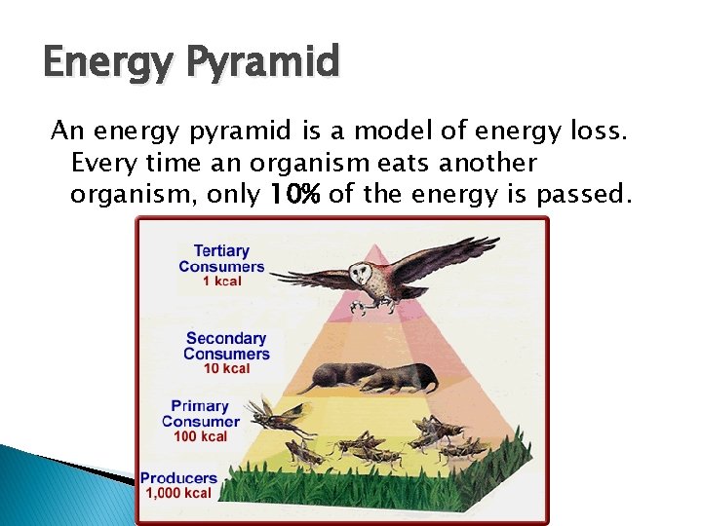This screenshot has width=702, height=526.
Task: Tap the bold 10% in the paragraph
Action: tap(296, 196)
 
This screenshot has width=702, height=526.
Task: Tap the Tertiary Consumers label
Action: tap(220, 259)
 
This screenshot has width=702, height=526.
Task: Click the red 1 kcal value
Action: tap(221, 282)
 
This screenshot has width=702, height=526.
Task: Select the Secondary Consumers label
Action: tap(226, 346)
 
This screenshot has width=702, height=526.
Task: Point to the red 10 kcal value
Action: tap(226, 368)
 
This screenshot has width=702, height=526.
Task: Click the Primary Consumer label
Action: tap(200, 414)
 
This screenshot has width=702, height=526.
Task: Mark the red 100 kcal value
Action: tap(200, 436)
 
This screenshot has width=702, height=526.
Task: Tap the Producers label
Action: tap(178, 478)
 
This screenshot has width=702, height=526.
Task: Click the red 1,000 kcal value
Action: tap(178, 494)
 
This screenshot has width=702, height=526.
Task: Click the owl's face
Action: tap(369, 278)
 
